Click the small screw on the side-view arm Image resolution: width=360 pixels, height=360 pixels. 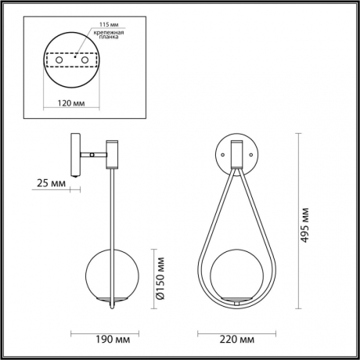tap(92, 155)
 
